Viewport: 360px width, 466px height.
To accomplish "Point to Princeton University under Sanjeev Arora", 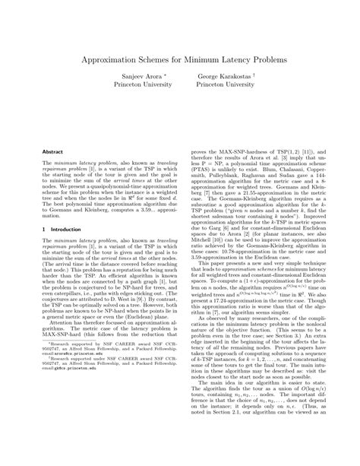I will (136, 87).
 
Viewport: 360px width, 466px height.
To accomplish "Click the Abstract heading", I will (52, 152).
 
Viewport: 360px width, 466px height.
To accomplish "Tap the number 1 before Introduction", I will (44, 228).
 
